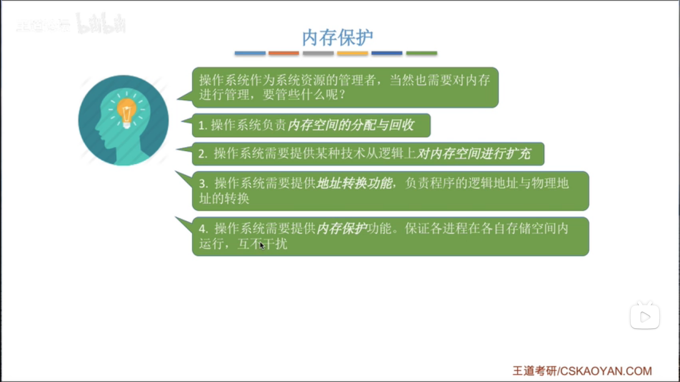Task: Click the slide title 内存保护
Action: tap(337, 37)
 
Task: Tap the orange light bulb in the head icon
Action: tap(126, 111)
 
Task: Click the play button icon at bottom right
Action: tap(645, 317)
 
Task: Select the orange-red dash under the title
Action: tap(284, 53)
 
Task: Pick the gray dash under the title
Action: tap(318, 53)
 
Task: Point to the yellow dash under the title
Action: tap(352, 53)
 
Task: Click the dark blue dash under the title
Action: tap(387, 53)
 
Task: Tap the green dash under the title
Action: tap(421, 53)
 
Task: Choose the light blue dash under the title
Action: tap(250, 53)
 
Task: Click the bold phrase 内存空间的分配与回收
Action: tap(351, 125)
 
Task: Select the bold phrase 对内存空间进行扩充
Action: tap(474, 154)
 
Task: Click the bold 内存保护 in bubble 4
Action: tap(342, 228)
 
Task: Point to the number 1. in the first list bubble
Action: tap(203, 125)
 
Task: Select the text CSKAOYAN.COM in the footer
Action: tap(606, 371)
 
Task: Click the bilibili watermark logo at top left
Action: tap(101, 24)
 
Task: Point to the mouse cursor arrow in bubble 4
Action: tap(262, 245)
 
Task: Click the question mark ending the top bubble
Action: tap(342, 94)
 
